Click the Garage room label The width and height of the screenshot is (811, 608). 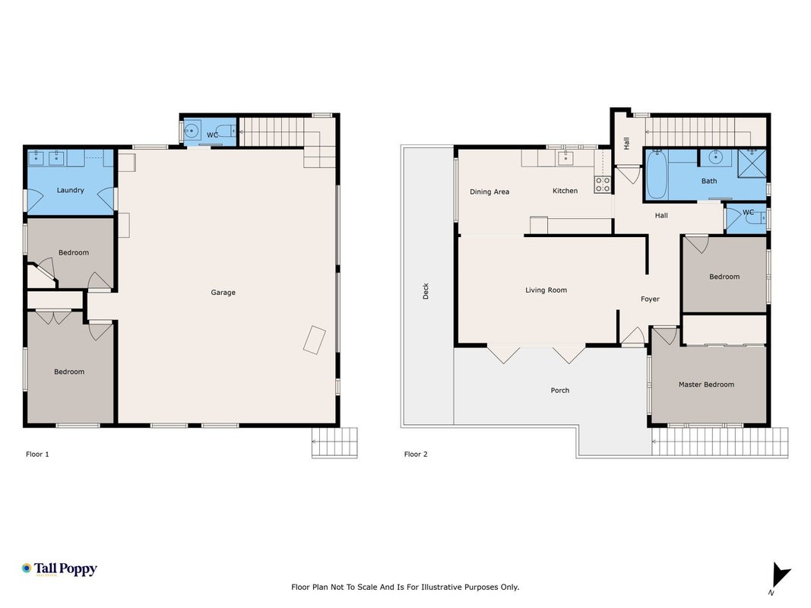[223, 293]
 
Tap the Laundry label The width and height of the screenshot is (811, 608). [71, 190]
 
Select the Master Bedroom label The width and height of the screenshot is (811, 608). [706, 385]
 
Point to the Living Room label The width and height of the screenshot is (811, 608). [546, 290]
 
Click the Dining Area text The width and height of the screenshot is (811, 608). [489, 192]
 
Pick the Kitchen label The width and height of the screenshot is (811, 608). [565, 191]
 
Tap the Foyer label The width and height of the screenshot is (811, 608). [650, 299]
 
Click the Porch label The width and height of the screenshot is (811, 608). [559, 391]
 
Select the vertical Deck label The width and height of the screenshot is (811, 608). [426, 290]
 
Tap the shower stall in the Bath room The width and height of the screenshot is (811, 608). [752, 163]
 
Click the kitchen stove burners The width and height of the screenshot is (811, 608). [603, 185]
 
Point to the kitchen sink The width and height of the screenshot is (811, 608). [565, 157]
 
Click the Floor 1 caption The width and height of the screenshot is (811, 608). [37, 454]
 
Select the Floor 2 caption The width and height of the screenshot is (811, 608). [416, 454]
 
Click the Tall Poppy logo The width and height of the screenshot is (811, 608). [59, 569]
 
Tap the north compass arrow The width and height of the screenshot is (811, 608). [780, 576]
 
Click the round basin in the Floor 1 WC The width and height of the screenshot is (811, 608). [192, 131]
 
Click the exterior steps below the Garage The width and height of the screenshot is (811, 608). [334, 442]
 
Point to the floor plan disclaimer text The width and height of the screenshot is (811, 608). [405, 587]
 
